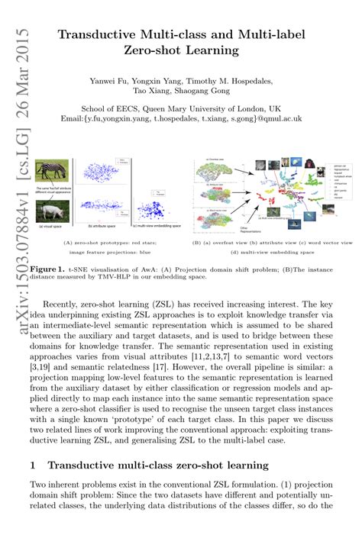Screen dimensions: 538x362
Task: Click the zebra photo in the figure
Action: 53,169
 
